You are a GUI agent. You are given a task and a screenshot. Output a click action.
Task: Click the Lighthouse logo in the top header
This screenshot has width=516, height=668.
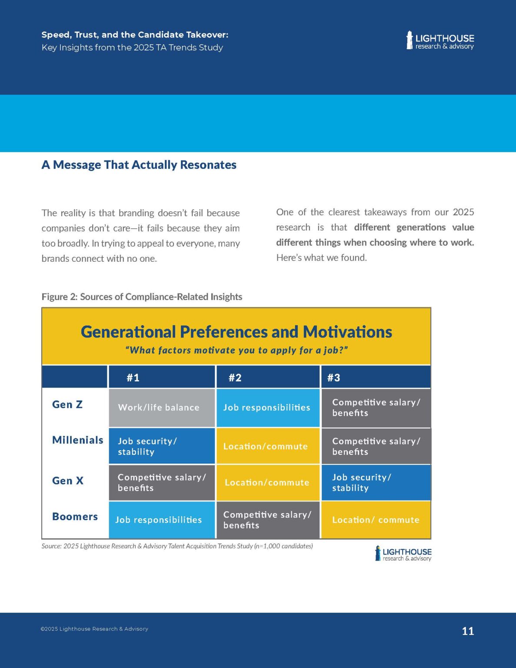point(440,40)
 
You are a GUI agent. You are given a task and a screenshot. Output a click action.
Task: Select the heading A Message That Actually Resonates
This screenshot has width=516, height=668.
point(139,165)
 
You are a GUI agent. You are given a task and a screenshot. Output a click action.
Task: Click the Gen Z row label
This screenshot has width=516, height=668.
point(67,404)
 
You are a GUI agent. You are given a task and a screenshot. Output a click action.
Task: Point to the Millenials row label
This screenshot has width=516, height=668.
point(77,440)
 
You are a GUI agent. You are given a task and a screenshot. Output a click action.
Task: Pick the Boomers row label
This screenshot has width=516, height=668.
point(75,517)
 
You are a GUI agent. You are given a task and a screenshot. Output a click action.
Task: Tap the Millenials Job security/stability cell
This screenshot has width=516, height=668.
point(162,446)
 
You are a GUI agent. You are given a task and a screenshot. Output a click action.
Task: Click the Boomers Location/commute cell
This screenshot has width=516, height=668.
point(376,520)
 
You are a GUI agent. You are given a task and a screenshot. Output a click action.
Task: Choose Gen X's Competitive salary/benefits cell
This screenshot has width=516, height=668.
point(162,483)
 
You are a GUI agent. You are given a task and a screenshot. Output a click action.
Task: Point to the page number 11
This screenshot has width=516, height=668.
point(468,631)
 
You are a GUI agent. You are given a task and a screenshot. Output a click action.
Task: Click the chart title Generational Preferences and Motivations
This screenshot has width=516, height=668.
point(236,332)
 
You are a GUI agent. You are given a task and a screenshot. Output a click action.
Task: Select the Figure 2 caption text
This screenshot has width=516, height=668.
point(142,297)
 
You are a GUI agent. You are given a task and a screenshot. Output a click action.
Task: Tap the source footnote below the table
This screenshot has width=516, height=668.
point(177,546)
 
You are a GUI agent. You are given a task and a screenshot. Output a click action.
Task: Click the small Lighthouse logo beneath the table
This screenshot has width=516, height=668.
point(403,554)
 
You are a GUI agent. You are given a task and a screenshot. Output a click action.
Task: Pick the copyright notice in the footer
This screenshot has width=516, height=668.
point(94,629)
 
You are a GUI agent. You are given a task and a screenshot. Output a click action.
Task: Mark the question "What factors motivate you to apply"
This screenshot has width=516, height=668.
point(236,351)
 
